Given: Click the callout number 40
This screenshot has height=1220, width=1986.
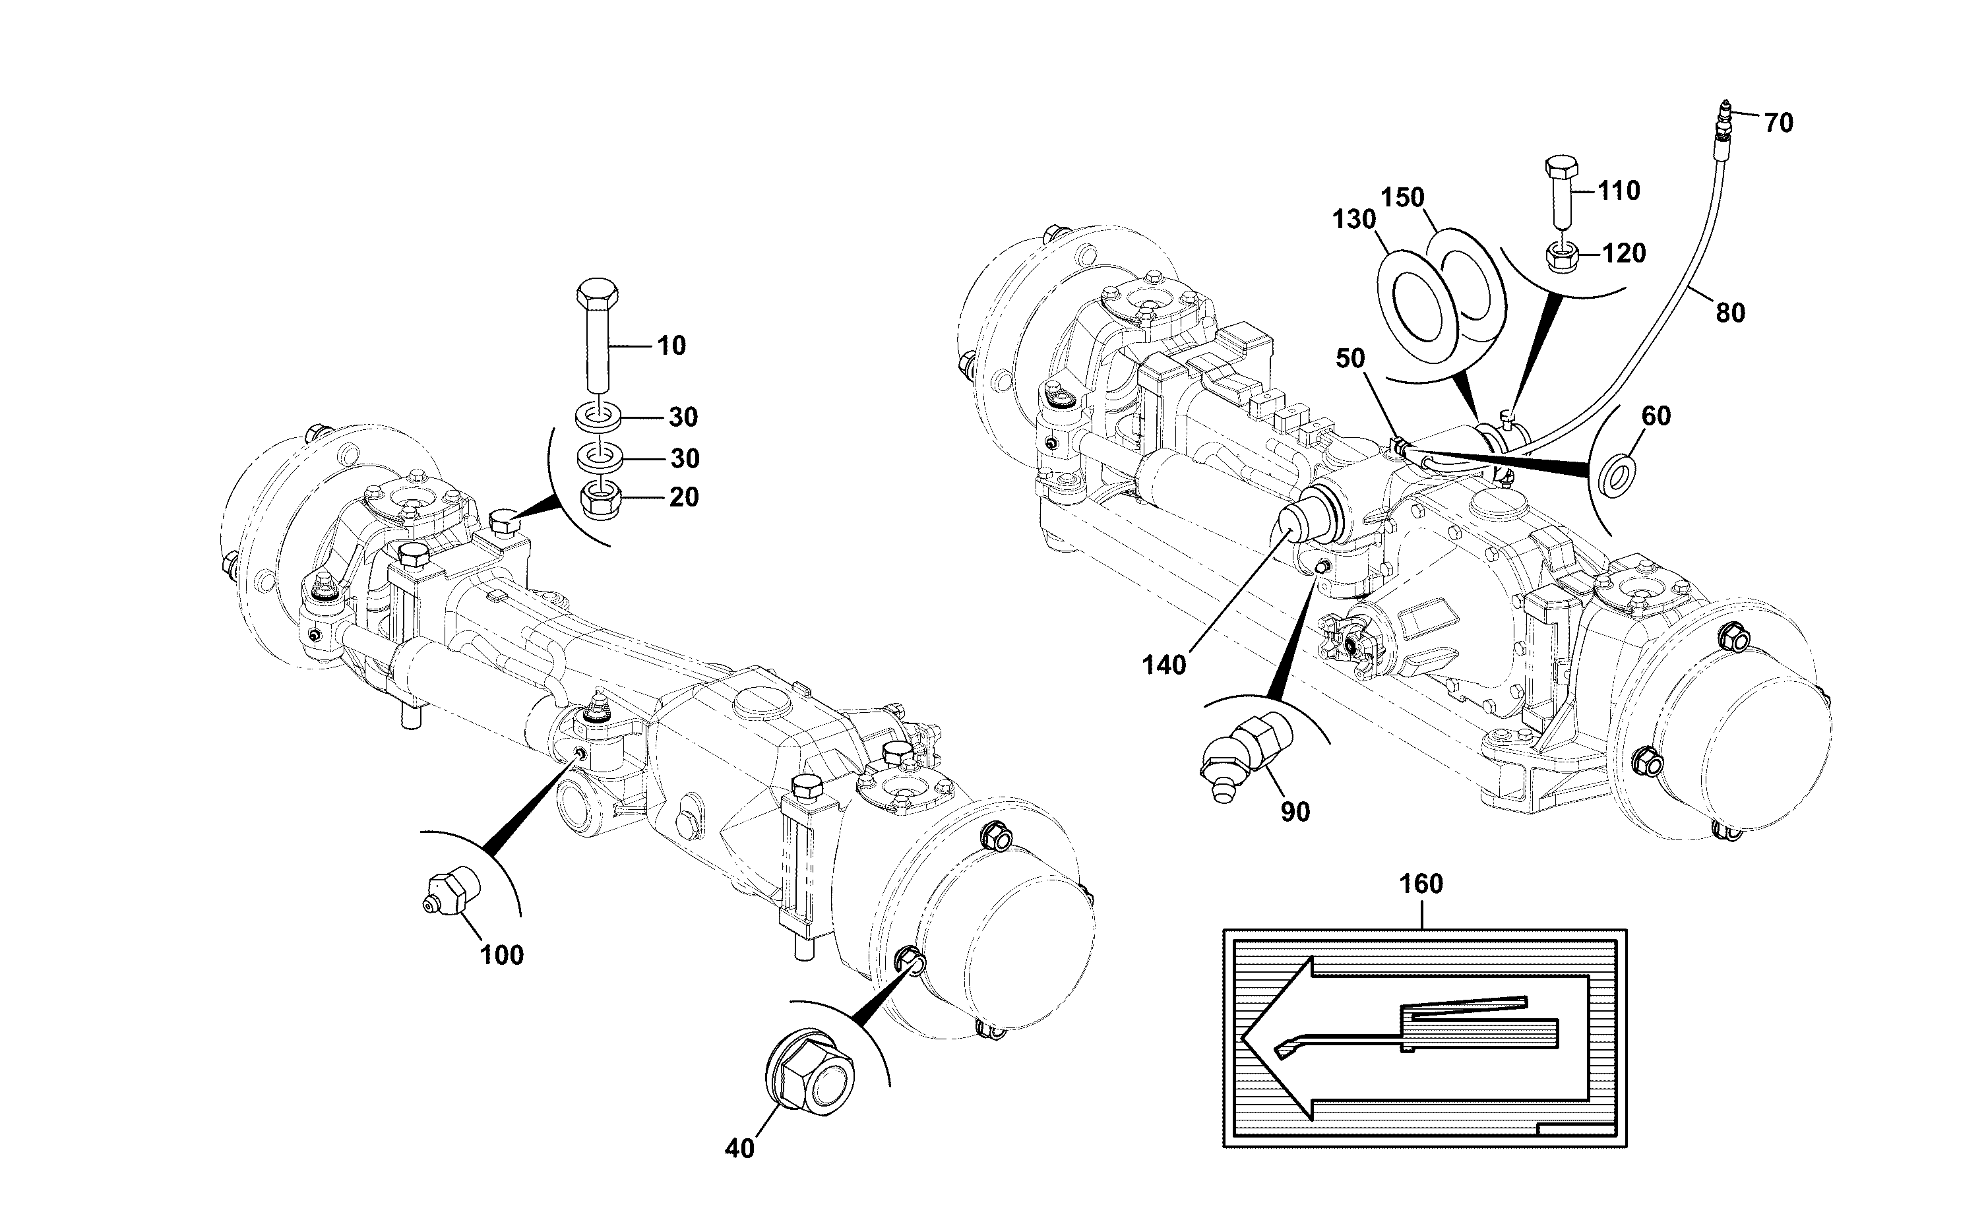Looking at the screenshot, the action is pos(739,1148).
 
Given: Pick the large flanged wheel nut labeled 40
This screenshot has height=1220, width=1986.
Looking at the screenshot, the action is pos(809,1076).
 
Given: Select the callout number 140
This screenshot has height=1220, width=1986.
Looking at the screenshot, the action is pos(1164,665).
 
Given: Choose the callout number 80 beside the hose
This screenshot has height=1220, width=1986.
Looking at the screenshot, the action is pos(1730,313).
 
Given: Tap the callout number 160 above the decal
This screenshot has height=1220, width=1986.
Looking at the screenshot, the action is pos(1421,884).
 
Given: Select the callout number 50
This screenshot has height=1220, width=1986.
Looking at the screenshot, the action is pos(1350,359).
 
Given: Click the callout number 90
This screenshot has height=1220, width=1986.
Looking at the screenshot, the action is pos(1295,812).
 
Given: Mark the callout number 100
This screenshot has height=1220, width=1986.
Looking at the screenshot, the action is pos(502,956).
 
